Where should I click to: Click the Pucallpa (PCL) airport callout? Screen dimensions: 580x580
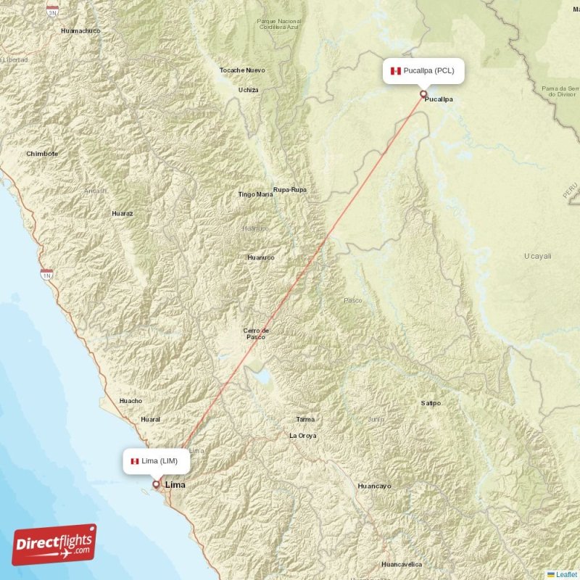point(424,71)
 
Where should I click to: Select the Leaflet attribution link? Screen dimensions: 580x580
point(566,574)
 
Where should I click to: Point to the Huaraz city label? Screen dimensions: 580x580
point(123,214)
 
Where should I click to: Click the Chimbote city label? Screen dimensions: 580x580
point(42,154)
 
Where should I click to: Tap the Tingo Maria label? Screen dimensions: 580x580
point(256,194)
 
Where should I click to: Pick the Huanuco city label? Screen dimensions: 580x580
point(261,257)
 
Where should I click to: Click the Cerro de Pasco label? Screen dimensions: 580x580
point(255,333)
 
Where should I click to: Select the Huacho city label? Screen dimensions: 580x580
point(130,401)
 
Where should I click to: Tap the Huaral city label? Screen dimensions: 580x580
point(151,419)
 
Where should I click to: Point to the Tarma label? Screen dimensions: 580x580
point(305,420)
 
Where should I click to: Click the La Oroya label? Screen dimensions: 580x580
point(303,436)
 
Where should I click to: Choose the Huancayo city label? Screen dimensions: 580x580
point(375,486)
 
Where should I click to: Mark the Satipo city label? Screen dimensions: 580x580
point(431,403)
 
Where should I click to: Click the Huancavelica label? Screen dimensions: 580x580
point(403,564)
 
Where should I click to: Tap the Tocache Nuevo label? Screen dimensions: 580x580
point(242,70)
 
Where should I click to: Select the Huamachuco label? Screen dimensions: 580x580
point(80,31)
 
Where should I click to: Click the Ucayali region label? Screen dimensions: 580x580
point(537,256)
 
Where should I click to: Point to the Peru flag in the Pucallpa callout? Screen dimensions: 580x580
point(395,71)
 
